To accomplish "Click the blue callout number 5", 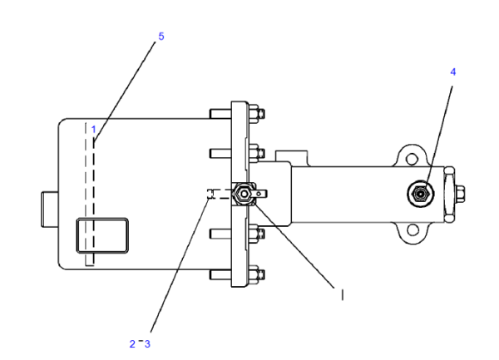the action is click(x=161, y=37).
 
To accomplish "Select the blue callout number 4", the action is click(x=453, y=72).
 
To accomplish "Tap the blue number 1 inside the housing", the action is click(x=93, y=130).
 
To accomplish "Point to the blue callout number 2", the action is click(x=132, y=343).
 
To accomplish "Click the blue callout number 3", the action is click(x=147, y=343).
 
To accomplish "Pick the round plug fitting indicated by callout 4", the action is click(x=421, y=194).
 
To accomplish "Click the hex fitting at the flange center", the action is click(x=244, y=194).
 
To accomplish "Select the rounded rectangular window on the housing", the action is click(x=102, y=235).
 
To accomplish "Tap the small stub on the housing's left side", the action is click(x=50, y=209).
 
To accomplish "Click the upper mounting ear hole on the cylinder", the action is click(x=412, y=158).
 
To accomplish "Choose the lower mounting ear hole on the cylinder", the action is click(x=413, y=229).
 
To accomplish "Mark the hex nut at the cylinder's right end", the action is click(x=460, y=194).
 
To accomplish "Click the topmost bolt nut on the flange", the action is click(x=256, y=114).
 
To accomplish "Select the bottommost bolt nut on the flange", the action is click(x=256, y=274).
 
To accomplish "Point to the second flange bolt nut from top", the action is click(x=256, y=153).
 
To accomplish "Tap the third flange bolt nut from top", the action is click(x=256, y=234).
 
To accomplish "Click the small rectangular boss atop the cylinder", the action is click(x=292, y=156).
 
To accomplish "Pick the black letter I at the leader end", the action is click(x=342, y=295).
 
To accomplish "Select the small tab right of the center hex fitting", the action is click(x=260, y=194).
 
